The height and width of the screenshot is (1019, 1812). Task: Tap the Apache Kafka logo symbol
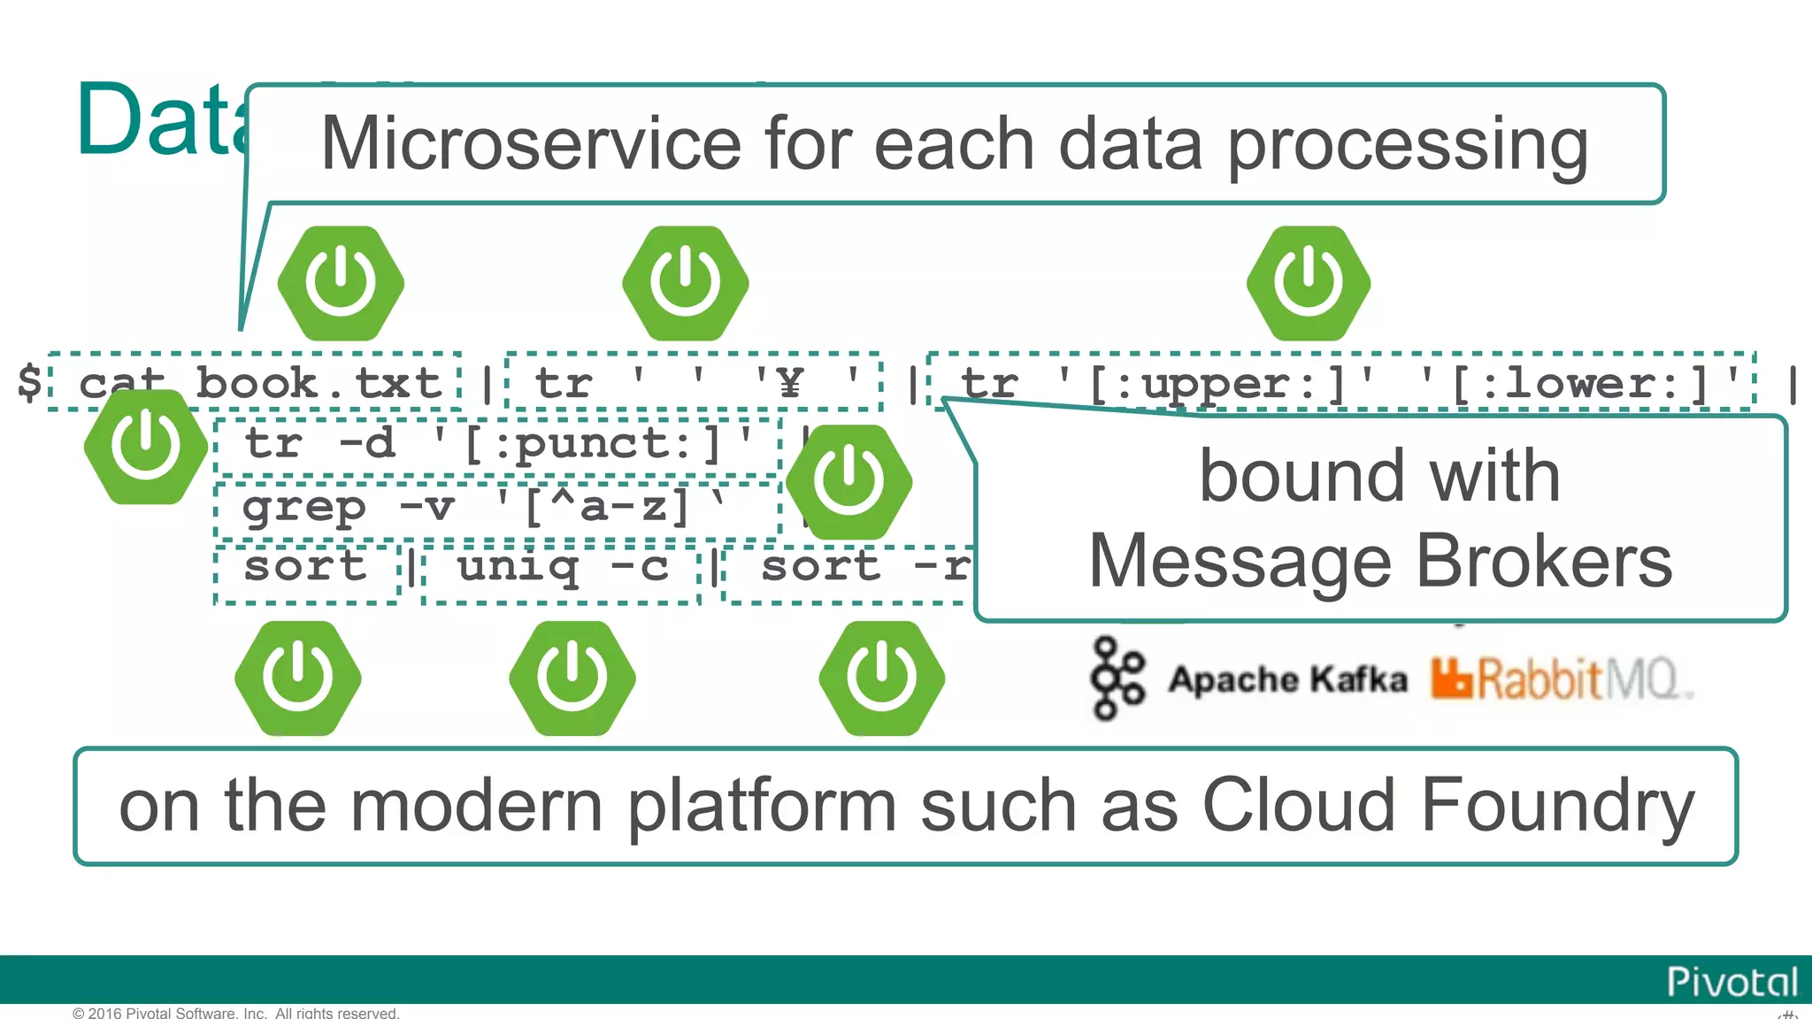(x=1117, y=678)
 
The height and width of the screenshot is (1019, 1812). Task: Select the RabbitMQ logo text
(x=1562, y=679)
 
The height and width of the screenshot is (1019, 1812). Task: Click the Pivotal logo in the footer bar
(x=1731, y=982)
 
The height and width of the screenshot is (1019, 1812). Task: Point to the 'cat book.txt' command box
(x=257, y=382)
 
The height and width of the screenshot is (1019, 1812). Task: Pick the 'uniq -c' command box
(x=562, y=567)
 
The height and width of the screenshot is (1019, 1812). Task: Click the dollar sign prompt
(x=29, y=382)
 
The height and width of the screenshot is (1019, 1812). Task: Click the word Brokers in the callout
(x=1544, y=562)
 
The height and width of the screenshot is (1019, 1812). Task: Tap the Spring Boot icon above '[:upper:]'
(x=1309, y=283)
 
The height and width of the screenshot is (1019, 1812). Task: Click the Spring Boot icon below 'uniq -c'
(x=572, y=678)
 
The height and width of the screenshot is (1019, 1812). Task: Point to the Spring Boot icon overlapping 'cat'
(x=146, y=447)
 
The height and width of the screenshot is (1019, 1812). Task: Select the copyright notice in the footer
(x=236, y=1013)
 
